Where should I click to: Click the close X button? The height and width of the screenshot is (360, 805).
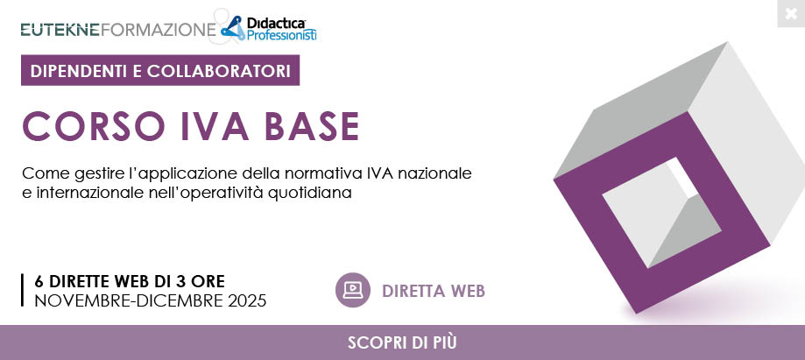791,13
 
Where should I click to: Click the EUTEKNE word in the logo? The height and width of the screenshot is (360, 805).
60,30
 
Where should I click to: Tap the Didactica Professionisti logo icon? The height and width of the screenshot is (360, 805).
233,28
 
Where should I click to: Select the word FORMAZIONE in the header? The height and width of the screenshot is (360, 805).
159,30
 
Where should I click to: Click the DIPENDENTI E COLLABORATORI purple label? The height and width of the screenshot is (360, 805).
160,70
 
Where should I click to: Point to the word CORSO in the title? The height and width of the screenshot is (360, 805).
94,126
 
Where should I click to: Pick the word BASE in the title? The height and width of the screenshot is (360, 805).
312,126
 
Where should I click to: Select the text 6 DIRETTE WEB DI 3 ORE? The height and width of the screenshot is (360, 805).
130,281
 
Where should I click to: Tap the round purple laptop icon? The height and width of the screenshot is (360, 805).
353,290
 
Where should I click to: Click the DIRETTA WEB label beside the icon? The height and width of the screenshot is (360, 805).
434,291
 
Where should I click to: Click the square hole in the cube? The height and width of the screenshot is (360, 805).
661,212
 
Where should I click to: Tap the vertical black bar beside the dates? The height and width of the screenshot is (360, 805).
23,290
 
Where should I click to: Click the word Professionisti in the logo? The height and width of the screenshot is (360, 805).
281,35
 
